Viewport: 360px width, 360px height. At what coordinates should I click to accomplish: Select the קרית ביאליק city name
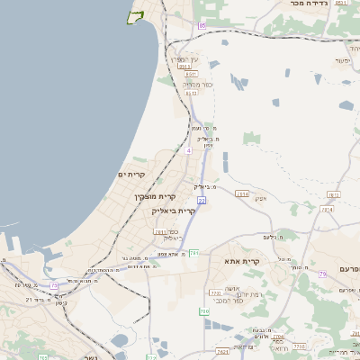(x=174, y=210)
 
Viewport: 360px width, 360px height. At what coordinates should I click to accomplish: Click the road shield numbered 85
(x=202, y=26)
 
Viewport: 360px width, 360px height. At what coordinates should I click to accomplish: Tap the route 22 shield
(x=202, y=200)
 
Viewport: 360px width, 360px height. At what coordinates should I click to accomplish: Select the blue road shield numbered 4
(x=189, y=150)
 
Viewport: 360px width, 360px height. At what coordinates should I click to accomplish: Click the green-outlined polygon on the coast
(x=136, y=17)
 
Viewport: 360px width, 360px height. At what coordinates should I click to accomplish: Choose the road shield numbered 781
(x=194, y=253)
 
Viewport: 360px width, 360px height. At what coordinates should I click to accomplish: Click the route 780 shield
(x=204, y=310)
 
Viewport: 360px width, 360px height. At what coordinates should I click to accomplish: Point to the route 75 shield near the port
(x=54, y=285)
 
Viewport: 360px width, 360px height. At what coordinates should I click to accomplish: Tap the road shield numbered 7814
(x=327, y=209)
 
